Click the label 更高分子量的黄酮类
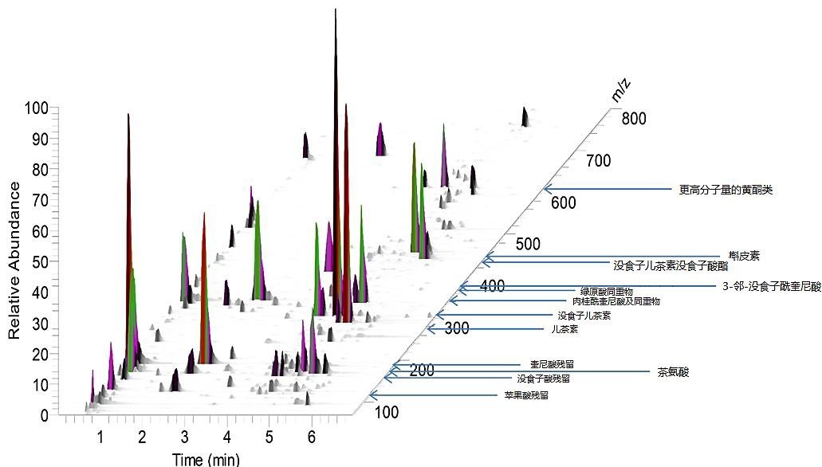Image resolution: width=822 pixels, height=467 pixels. (726, 190)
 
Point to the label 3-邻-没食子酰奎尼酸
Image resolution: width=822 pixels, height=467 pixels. (771, 287)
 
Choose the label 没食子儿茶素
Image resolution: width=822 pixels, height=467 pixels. (584, 316)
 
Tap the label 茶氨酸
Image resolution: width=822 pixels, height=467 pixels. (673, 371)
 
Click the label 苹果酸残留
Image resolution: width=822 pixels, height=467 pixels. (526, 395)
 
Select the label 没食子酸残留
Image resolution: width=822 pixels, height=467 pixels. (543, 379)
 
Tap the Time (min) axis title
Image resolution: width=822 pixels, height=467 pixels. (205, 459)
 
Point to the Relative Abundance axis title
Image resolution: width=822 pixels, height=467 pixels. (14, 261)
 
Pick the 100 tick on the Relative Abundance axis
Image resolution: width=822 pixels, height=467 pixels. (37, 108)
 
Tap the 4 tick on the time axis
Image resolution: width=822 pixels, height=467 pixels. (227, 437)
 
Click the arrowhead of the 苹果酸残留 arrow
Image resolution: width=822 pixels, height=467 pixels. (372, 395)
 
